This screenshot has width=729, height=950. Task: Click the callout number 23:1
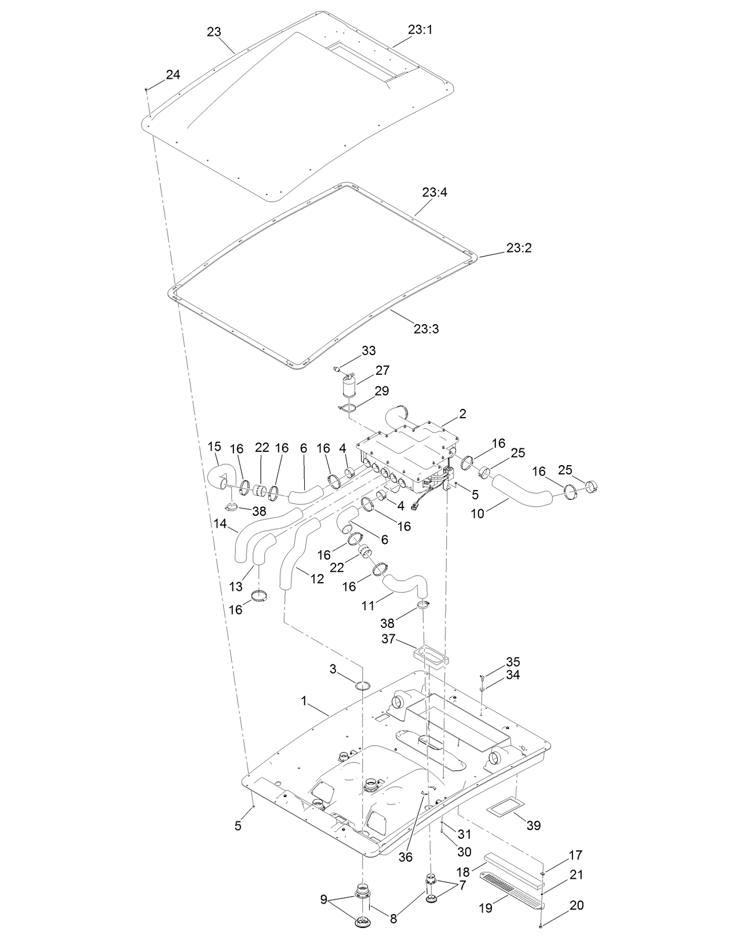[x=420, y=30]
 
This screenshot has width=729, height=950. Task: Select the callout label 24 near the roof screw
[x=173, y=74]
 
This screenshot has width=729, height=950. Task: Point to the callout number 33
[x=369, y=350]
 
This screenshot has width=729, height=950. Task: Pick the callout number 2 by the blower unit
[x=462, y=414]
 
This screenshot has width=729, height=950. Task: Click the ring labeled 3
[x=363, y=686]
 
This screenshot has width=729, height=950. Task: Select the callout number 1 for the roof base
[x=304, y=700]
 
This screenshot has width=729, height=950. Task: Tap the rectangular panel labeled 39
[x=506, y=805]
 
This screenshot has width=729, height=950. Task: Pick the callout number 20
[x=577, y=905]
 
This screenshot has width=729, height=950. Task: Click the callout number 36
[x=406, y=857]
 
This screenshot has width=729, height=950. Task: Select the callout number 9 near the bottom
[x=324, y=900]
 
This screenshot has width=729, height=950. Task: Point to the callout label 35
[x=513, y=662]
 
